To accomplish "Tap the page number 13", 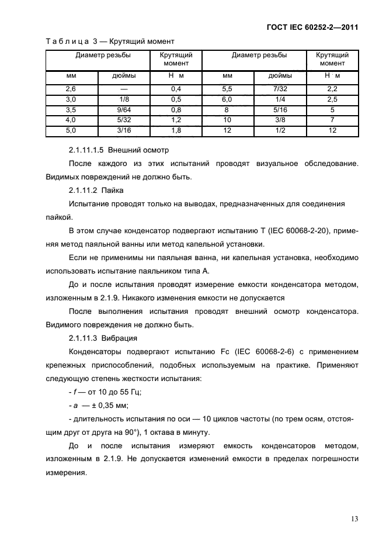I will click(354, 518).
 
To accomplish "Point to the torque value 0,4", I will click(176, 88).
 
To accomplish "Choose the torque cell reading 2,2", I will click(332, 88).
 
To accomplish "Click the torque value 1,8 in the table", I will click(176, 130).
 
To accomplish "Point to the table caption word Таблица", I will click(67, 41).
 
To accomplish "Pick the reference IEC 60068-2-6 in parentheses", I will click(273, 352).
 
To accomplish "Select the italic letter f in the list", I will click(74, 392).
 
